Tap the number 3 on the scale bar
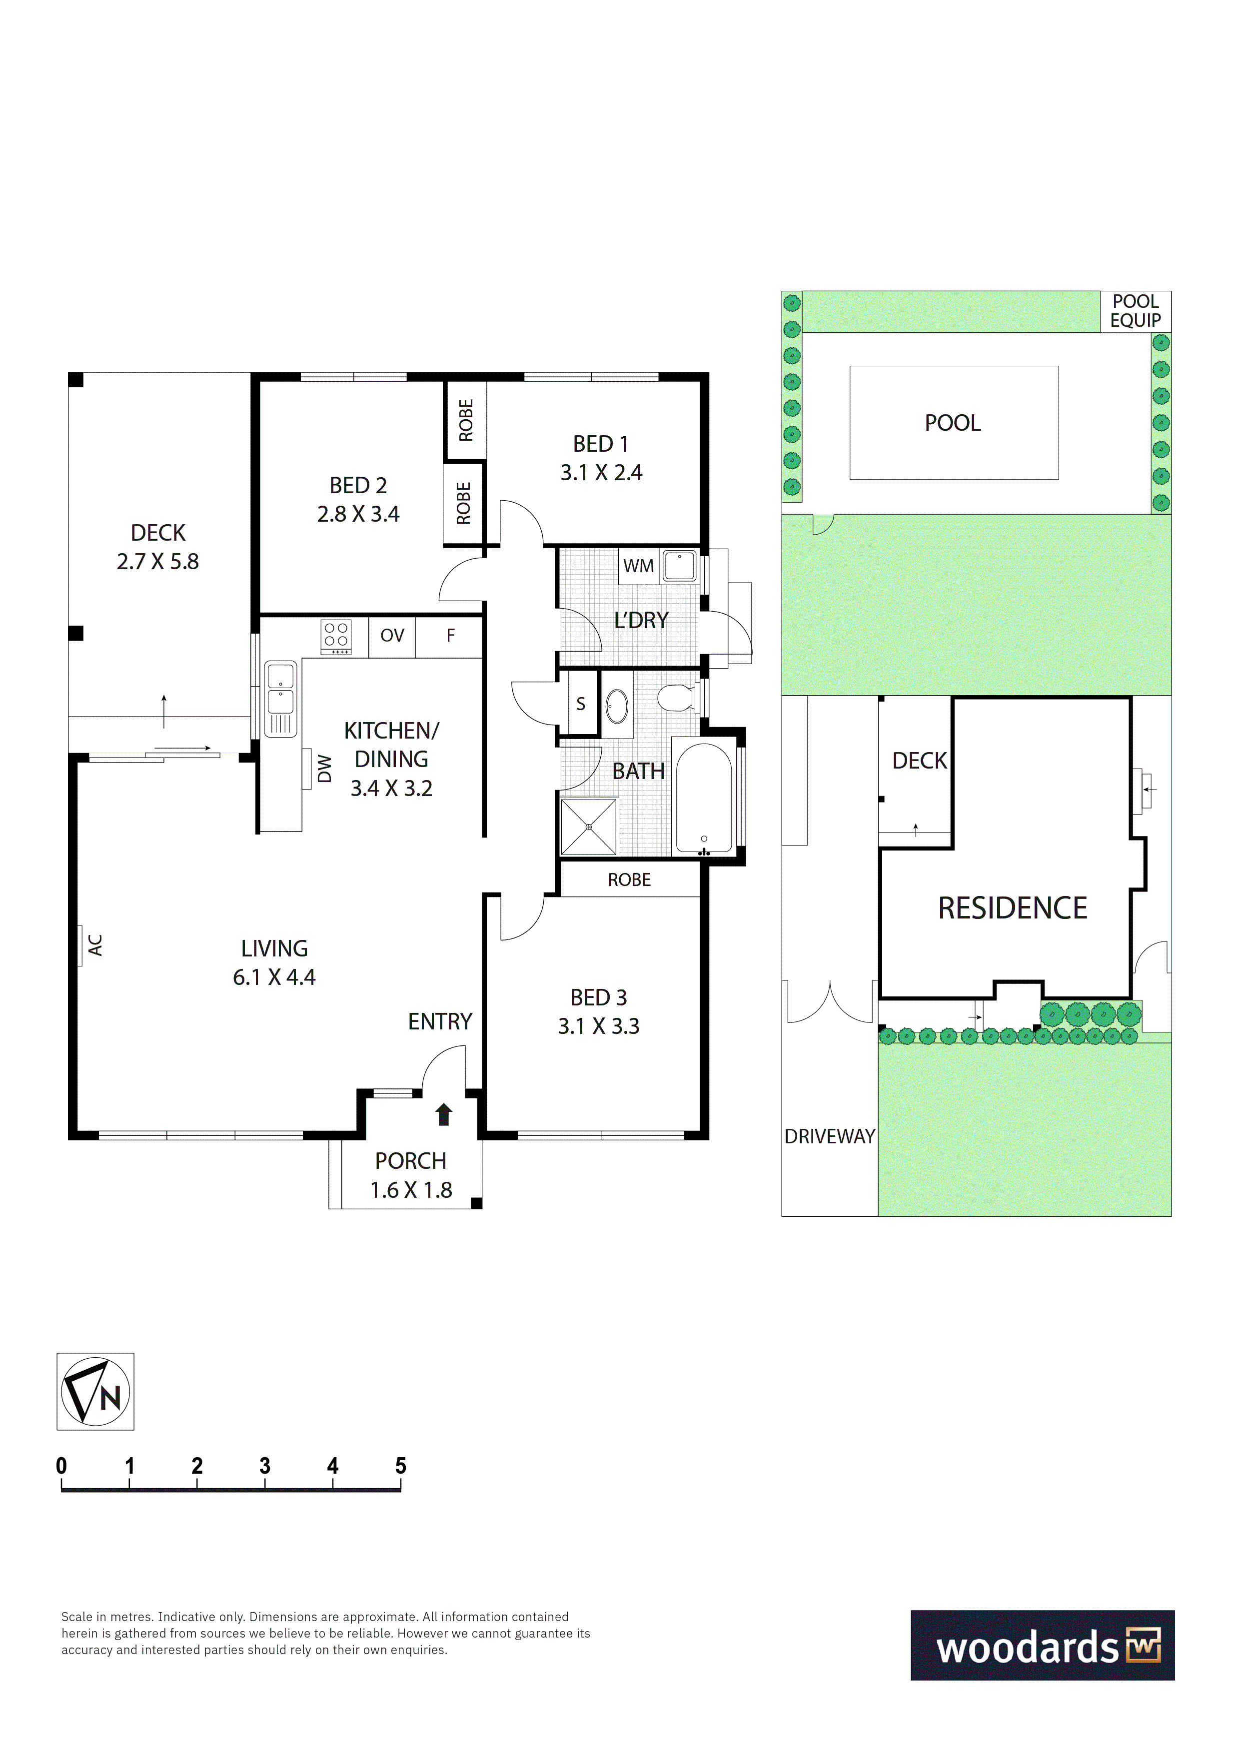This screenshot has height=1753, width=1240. coord(265,1466)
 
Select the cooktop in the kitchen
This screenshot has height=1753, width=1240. coord(336,637)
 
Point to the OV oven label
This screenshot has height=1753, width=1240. coord(392,635)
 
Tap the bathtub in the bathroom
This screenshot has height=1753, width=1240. coord(705,798)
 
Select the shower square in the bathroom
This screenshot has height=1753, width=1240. coord(589,827)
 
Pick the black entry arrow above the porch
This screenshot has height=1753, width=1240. coord(444,1115)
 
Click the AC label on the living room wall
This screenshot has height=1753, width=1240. coord(95,945)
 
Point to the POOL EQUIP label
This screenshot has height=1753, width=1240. coord(1136,311)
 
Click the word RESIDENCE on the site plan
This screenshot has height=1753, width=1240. coord(1013,908)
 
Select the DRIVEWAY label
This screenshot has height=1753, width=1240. coord(830,1137)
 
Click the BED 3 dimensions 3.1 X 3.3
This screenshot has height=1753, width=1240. coord(599,1026)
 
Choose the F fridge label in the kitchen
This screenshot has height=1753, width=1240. coord(450,635)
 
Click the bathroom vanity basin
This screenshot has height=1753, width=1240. coord(617,706)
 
